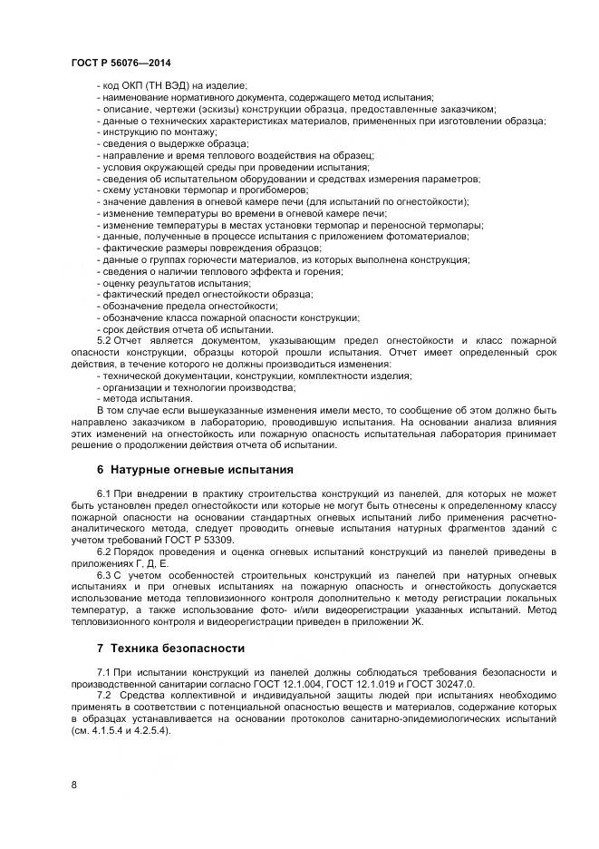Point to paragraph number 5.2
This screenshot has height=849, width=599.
(x=103, y=339)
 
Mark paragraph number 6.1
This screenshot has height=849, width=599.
(x=103, y=492)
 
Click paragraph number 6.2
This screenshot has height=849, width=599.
(x=103, y=552)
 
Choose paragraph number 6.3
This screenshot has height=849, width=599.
(x=103, y=576)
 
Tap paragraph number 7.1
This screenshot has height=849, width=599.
(x=103, y=670)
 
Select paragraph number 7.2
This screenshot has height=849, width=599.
(x=103, y=694)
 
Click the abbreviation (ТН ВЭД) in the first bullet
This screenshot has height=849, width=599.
(x=163, y=85)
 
